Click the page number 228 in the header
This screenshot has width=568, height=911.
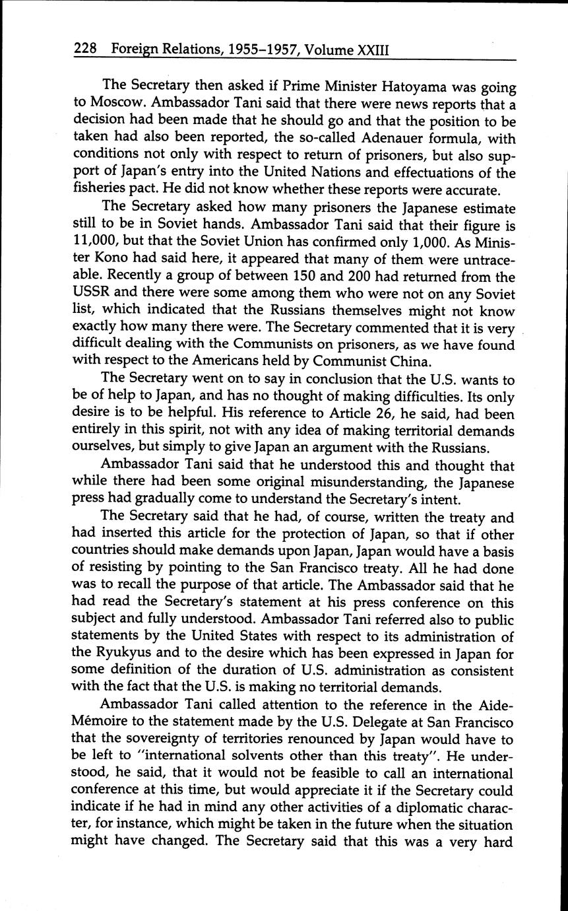pos(86,49)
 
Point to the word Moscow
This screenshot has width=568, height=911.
pos(123,104)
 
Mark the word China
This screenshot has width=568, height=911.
pos(433,362)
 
